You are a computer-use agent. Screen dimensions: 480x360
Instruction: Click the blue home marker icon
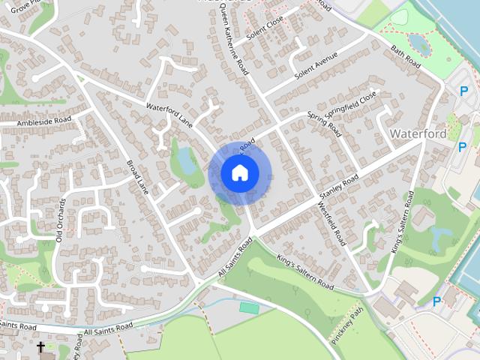pos(240,173)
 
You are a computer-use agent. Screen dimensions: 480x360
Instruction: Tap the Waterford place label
pos(418,133)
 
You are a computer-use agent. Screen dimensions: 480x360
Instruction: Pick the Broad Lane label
pos(139,178)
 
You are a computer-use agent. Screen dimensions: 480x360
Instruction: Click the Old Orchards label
pos(59,220)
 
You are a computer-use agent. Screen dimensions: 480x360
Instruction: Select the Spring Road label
pos(324,125)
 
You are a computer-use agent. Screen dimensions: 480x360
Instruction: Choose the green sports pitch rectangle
pos(248,307)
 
